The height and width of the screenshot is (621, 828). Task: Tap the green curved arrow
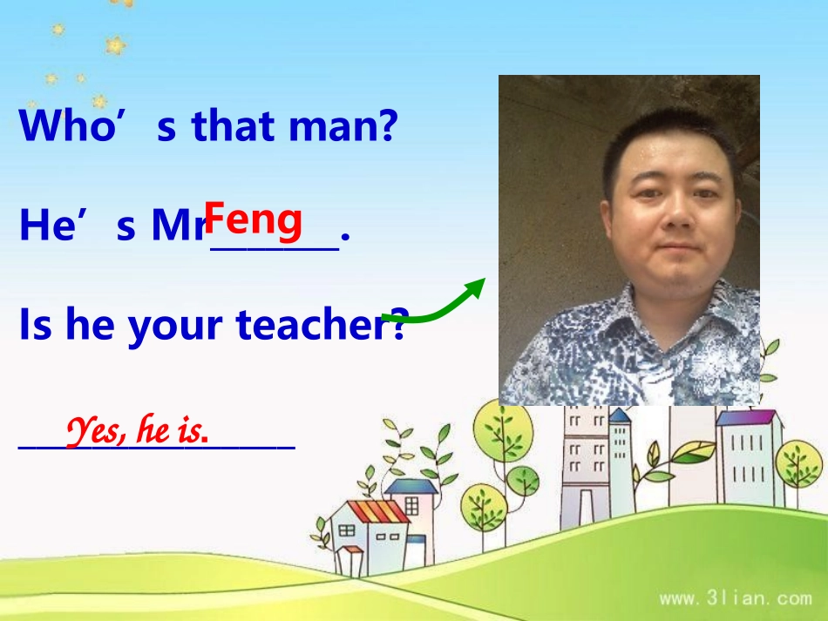click(x=433, y=307)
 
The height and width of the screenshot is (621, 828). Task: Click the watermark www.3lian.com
click(x=735, y=598)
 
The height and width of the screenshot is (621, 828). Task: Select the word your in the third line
click(x=180, y=327)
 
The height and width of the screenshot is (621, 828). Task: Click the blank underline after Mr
click(x=275, y=247)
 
